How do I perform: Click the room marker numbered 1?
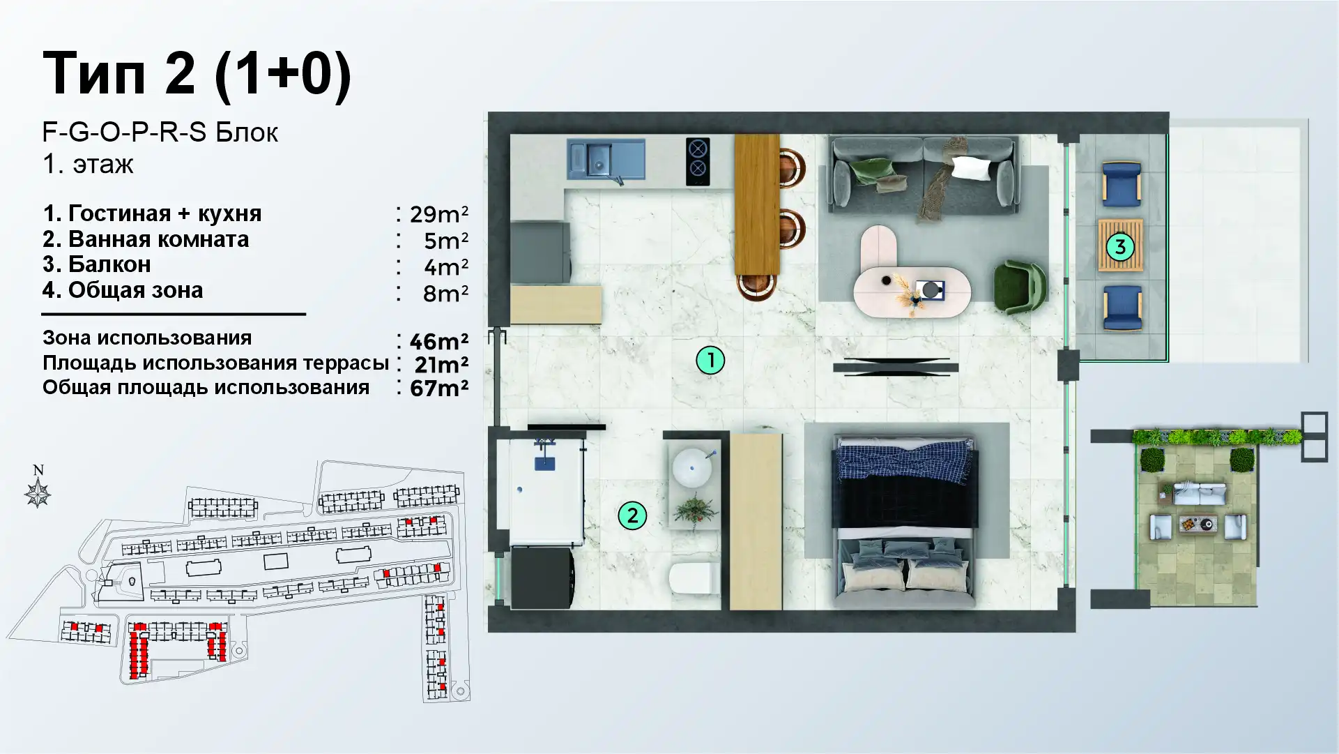click(x=710, y=361)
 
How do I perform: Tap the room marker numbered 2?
click(x=632, y=515)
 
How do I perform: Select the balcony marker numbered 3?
click(x=1120, y=246)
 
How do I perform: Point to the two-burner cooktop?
click(x=698, y=161)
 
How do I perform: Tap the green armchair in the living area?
click(x=1020, y=287)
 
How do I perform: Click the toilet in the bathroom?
click(x=694, y=578)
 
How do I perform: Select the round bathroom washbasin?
click(x=692, y=467)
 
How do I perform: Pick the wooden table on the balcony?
click(x=1120, y=246)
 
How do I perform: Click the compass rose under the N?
click(x=38, y=494)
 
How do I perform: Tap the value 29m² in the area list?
click(x=438, y=213)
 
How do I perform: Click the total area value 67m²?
click(x=438, y=388)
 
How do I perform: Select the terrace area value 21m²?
click(x=441, y=364)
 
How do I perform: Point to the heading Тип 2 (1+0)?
click(x=197, y=74)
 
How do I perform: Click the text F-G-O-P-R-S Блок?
click(x=160, y=132)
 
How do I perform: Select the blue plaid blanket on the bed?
click(x=905, y=460)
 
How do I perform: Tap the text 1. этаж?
click(x=88, y=165)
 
